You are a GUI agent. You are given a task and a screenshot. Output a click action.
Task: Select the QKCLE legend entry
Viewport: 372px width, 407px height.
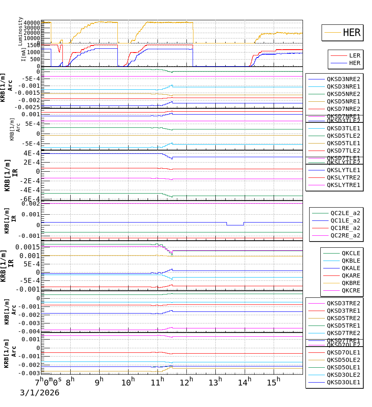point(351,253)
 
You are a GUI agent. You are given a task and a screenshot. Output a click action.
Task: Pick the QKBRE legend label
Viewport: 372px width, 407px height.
point(351,283)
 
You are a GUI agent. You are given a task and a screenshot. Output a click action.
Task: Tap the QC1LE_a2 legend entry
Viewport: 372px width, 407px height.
point(345,220)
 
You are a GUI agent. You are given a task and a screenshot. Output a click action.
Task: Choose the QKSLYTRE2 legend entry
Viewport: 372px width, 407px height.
point(343,177)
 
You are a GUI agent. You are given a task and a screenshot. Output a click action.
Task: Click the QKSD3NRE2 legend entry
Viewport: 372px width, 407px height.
point(343,79)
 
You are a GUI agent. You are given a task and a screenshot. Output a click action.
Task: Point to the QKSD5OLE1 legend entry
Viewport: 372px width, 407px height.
point(343,367)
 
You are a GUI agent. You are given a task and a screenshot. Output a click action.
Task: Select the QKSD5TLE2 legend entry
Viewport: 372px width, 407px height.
point(343,136)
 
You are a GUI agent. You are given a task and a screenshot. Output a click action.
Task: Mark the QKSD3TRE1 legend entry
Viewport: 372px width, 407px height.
point(343,311)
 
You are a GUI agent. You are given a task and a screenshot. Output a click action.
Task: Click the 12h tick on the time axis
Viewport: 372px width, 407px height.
point(187,380)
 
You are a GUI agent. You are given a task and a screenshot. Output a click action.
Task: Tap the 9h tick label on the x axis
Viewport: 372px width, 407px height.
point(99,380)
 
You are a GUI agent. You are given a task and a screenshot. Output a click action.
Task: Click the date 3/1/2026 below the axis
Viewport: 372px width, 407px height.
point(40,393)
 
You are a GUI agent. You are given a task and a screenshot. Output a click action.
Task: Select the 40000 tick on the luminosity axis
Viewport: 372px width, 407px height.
point(32,23)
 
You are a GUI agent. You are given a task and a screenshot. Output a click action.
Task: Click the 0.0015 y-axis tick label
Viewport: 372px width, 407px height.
point(28,247)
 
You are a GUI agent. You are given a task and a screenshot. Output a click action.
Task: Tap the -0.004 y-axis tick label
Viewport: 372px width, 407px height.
point(31,331)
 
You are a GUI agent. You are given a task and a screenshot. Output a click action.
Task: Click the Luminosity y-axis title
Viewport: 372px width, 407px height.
point(21,31)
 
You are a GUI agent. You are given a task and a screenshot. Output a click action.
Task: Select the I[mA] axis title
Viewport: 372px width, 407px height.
point(24,54)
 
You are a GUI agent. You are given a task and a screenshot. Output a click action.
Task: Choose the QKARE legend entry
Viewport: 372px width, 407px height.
point(351,275)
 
